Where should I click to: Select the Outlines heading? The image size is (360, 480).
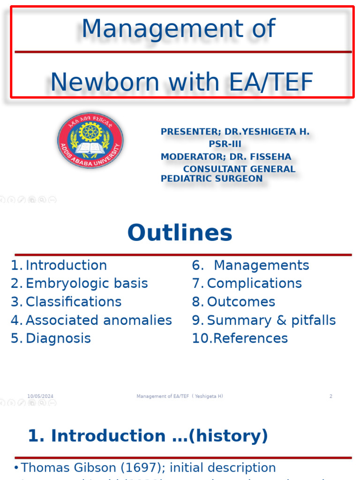(x=180, y=232)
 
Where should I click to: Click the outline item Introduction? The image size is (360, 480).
(x=66, y=265)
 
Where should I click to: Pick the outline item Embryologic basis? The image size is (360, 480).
(x=87, y=284)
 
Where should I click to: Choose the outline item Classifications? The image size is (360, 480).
(x=74, y=302)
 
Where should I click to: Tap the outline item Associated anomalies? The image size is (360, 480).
(x=98, y=320)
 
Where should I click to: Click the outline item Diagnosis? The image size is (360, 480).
(x=58, y=338)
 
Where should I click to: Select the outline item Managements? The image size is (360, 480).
(x=261, y=265)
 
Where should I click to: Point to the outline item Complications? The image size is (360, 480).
(x=254, y=284)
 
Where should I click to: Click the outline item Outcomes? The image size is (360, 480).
(x=241, y=302)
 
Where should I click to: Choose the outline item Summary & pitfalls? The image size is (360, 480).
(x=271, y=320)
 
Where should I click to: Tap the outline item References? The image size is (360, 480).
(x=250, y=338)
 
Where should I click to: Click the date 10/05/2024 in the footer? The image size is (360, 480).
(x=40, y=397)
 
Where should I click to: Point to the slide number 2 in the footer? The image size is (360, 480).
(x=330, y=397)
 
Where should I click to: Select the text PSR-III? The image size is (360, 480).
(x=225, y=144)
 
